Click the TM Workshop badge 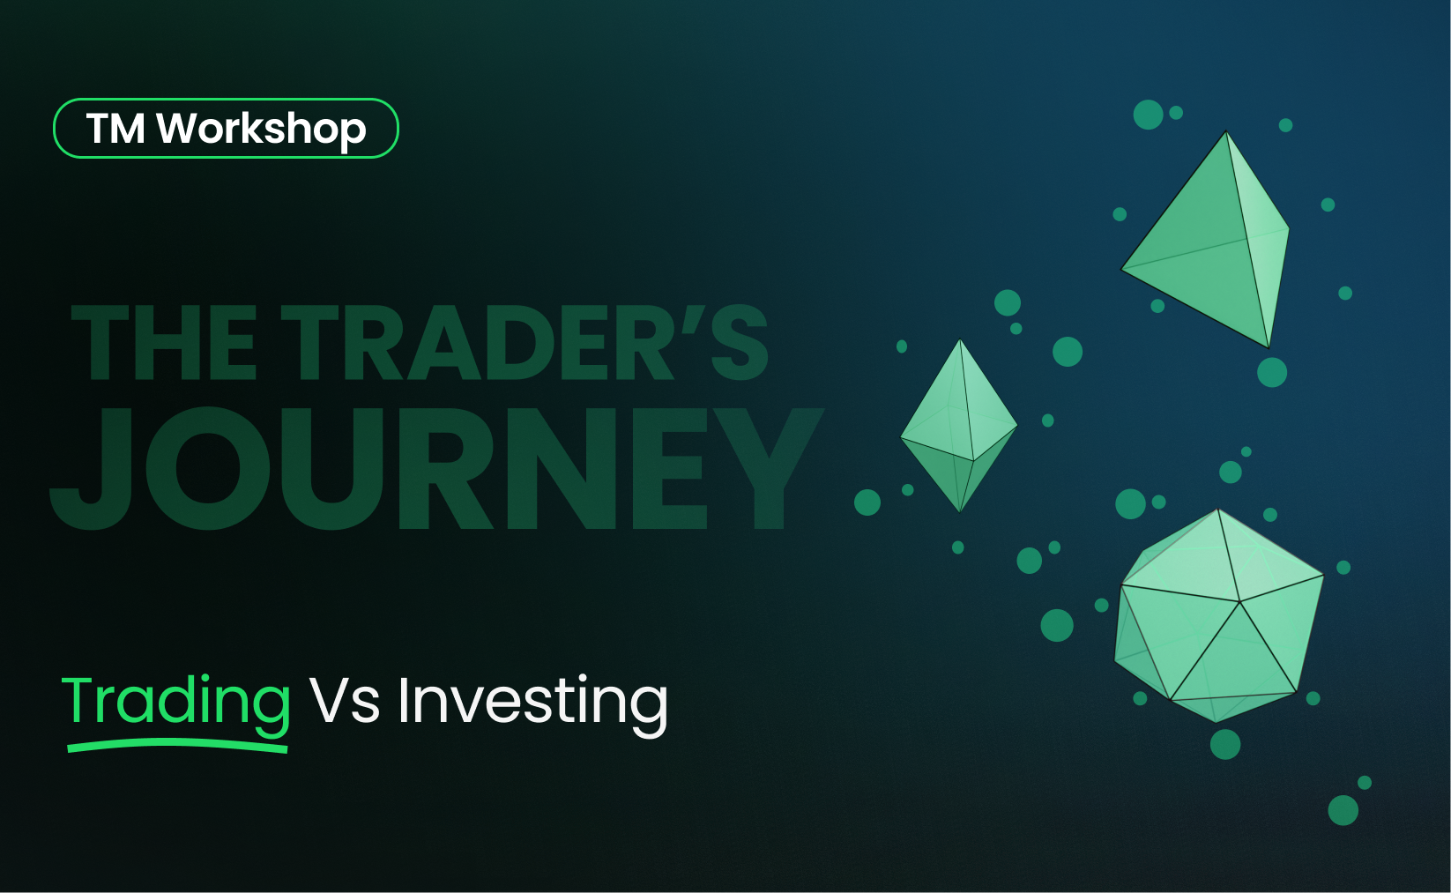coord(226,129)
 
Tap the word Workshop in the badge coord(261,130)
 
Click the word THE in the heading coord(164,344)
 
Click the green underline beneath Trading coord(178,747)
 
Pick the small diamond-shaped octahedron coord(959,426)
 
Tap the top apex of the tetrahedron coord(1226,133)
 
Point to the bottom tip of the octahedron coord(959,510)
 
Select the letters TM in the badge coord(115,130)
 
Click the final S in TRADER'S coord(740,344)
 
